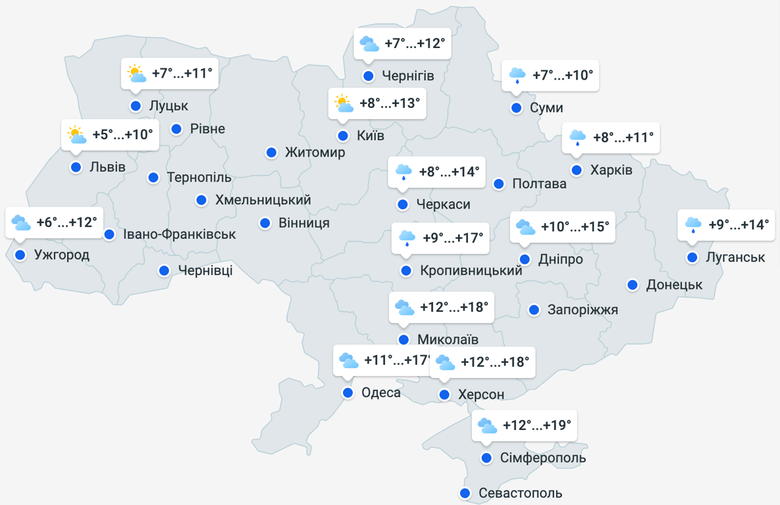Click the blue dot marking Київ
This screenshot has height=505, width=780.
click(x=343, y=136)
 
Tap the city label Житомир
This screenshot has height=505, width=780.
click(x=315, y=153)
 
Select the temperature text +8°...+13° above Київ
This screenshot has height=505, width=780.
click(x=389, y=103)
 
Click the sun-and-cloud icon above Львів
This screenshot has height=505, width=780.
click(x=77, y=135)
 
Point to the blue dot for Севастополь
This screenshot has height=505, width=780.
click(x=465, y=493)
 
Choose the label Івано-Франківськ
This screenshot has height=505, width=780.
click(x=179, y=234)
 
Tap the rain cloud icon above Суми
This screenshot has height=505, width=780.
click(x=517, y=76)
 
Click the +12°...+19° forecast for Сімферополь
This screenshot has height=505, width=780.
click(x=537, y=425)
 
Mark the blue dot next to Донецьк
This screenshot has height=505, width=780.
click(x=632, y=285)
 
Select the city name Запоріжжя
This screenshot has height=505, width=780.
click(x=583, y=310)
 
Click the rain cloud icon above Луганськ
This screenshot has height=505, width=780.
click(x=693, y=225)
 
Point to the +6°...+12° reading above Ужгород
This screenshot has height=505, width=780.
click(x=66, y=222)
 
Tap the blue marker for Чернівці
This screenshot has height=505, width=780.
click(x=164, y=270)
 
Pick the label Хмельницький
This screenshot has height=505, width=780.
click(x=263, y=200)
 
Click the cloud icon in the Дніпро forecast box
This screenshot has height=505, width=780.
click(x=525, y=228)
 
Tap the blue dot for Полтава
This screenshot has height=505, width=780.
click(x=499, y=183)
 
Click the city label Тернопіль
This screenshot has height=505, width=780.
click(x=199, y=178)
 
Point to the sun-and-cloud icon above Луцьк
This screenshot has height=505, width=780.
click(x=137, y=74)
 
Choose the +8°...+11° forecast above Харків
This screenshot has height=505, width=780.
click(x=623, y=137)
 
